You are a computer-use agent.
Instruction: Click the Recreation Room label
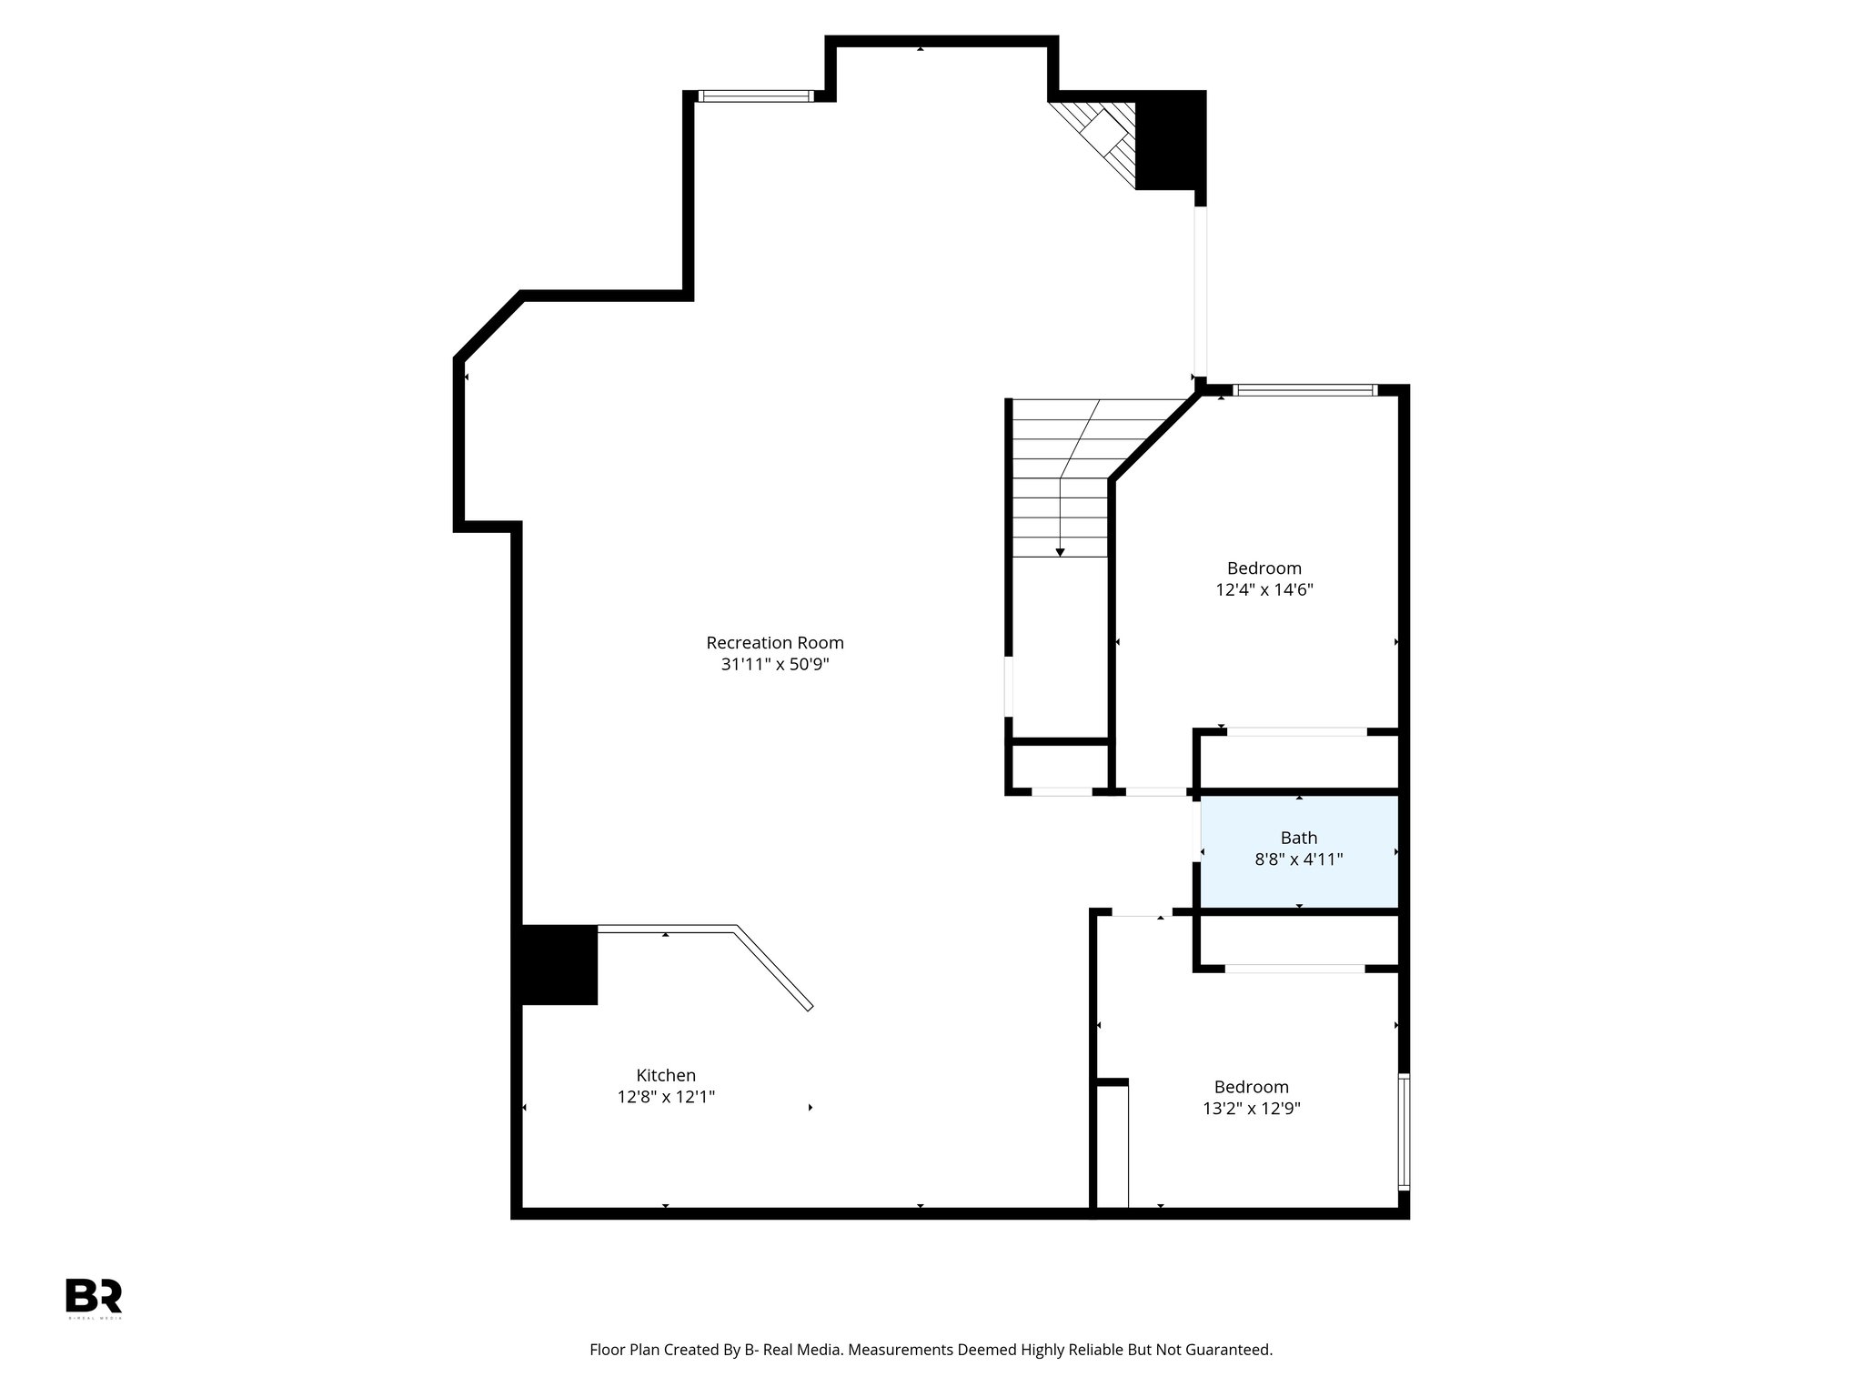click(x=775, y=643)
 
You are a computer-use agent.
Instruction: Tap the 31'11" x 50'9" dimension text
click(x=775, y=665)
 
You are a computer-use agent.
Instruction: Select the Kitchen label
click(x=666, y=1076)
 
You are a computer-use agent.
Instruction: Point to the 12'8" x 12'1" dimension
click(x=666, y=1097)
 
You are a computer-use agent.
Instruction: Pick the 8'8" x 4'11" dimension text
click(x=1299, y=859)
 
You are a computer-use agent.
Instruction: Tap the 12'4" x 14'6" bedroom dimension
click(x=1264, y=589)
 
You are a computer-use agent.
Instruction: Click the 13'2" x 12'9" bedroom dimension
click(x=1252, y=1109)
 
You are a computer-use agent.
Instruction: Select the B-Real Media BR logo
click(x=94, y=1296)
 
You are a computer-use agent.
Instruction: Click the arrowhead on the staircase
click(x=1060, y=552)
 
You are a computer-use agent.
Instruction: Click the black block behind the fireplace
click(x=1171, y=141)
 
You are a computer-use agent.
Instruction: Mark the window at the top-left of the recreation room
click(x=755, y=96)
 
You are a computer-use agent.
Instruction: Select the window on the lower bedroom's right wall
click(x=1404, y=1132)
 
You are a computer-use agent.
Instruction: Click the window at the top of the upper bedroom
click(x=1305, y=391)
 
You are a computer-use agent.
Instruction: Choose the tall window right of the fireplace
click(x=1200, y=291)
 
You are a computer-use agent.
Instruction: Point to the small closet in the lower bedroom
click(x=1112, y=1148)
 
